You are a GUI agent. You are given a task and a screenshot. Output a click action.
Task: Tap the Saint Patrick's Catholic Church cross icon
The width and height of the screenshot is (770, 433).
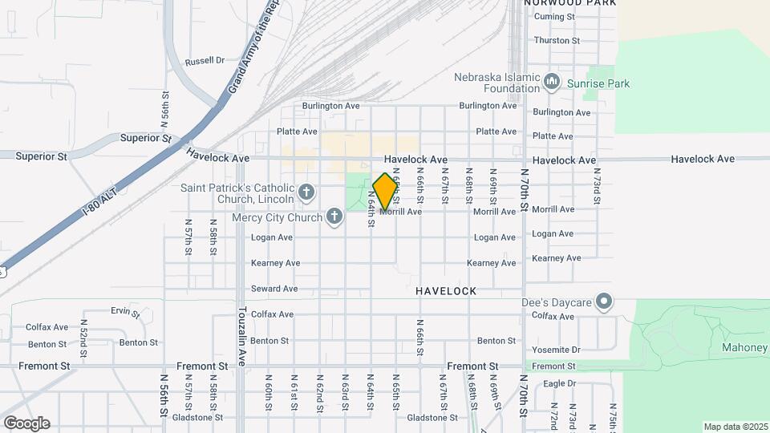point(306,192)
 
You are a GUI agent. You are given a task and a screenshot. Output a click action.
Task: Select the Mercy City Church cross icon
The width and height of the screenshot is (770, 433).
point(334,216)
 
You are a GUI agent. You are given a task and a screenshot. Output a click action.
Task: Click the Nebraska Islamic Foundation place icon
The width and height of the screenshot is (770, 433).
point(551,83)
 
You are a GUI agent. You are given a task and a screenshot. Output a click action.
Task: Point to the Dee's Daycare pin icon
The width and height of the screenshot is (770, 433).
point(605,302)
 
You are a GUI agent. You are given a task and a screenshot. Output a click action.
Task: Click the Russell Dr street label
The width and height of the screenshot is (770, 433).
point(205,61)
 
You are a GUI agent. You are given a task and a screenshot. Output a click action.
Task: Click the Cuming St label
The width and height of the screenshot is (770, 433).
point(555,17)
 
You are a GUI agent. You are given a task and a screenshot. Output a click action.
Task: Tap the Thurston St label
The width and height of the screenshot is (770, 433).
point(557,40)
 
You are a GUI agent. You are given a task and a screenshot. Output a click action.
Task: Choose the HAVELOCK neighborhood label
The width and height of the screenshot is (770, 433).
point(446,291)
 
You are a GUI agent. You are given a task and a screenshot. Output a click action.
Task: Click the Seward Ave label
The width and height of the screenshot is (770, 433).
point(274,289)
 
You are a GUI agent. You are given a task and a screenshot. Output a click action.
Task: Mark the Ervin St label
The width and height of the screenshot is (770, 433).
point(126,311)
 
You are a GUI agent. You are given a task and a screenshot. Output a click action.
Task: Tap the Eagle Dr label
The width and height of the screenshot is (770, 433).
point(560,383)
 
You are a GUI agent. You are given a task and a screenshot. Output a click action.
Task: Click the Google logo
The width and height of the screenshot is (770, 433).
point(26,423)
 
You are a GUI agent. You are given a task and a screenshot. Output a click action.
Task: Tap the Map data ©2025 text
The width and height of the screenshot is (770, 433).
point(736,427)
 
